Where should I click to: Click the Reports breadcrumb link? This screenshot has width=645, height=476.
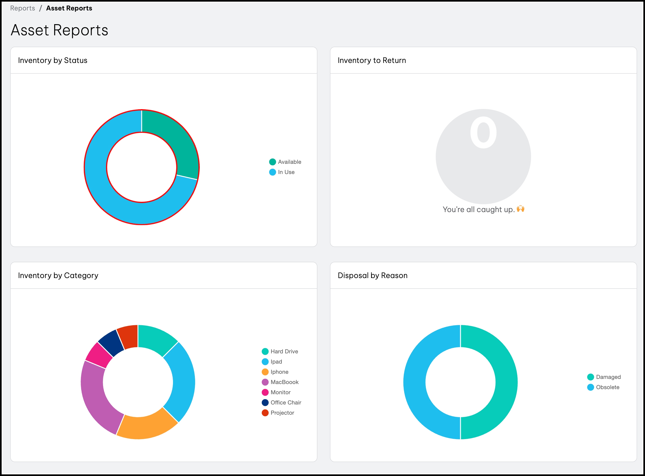click(23, 8)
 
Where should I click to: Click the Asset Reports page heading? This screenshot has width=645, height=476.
click(59, 30)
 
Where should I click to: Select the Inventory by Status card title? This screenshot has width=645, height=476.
click(53, 60)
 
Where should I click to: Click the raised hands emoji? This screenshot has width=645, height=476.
click(520, 209)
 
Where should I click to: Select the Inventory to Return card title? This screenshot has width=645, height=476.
click(372, 60)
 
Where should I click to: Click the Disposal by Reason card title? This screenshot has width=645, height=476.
click(372, 276)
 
